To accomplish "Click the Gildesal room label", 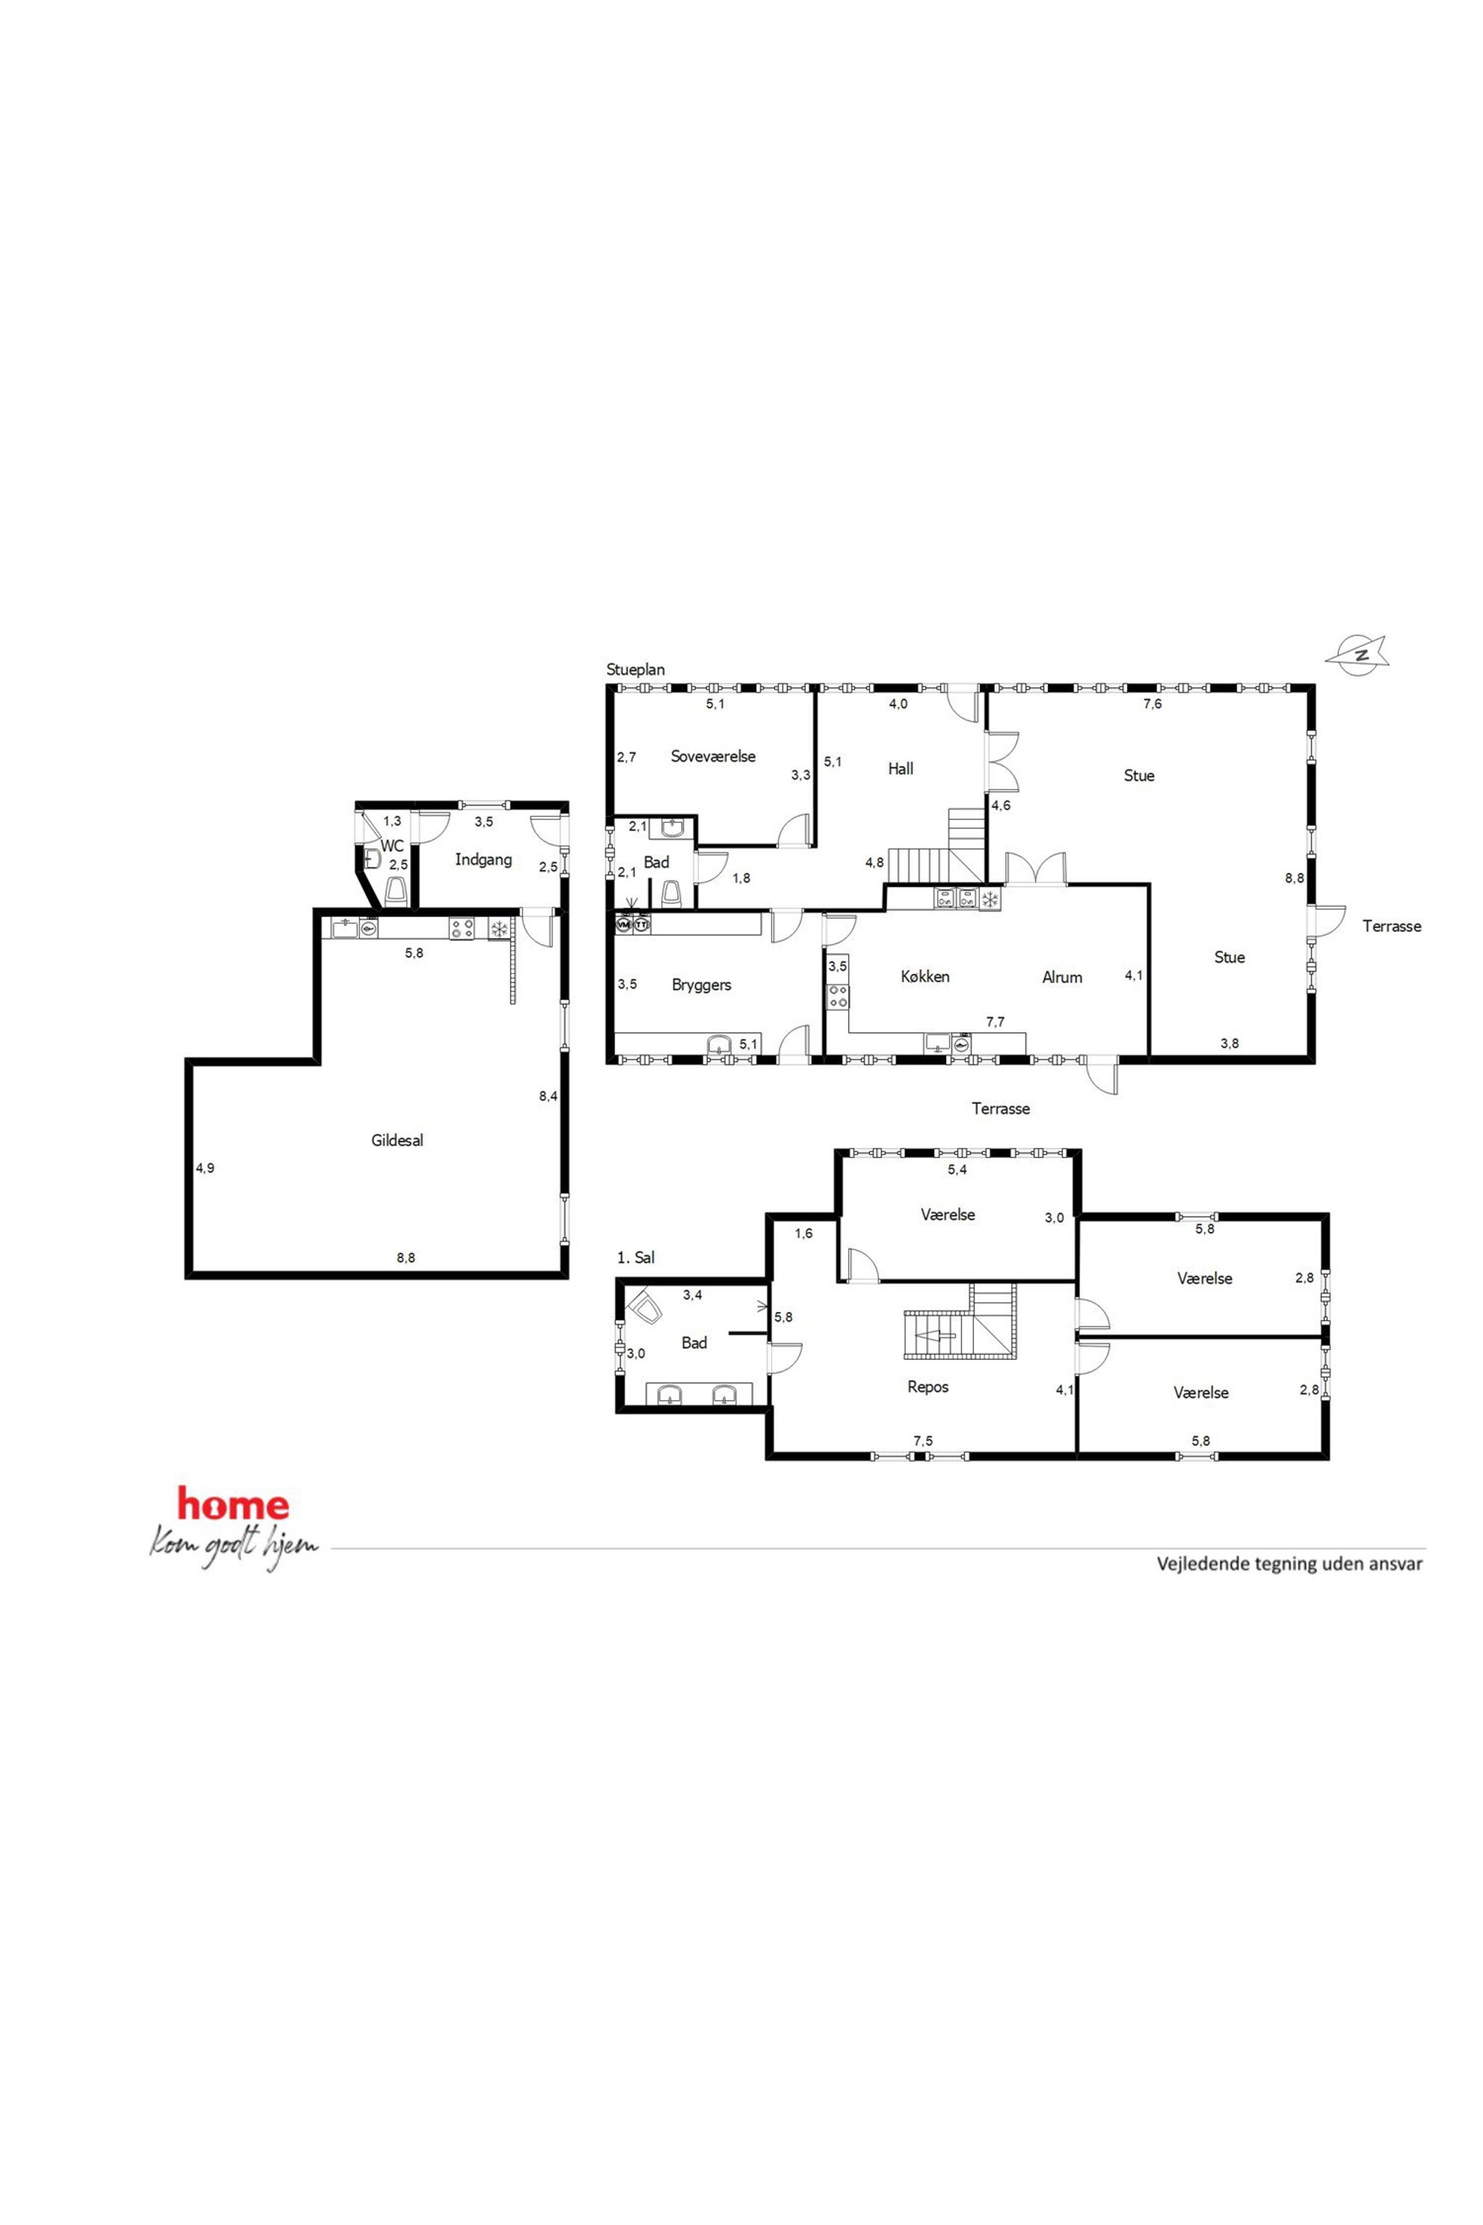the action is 397,1141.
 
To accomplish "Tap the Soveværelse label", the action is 713,757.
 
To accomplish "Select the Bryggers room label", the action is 702,985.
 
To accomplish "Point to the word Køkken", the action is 925,976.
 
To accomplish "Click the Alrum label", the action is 1062,977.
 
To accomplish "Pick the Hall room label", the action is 901,769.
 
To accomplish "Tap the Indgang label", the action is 484,860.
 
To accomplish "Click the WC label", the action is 392,846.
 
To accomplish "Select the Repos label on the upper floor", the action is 928,1387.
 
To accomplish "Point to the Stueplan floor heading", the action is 635,670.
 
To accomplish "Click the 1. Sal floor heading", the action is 635,1258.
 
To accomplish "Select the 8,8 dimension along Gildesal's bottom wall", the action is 406,1258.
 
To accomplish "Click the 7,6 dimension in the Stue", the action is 1153,704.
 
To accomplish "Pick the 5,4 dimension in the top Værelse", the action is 958,1169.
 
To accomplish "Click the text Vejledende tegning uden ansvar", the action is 1290,1564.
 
